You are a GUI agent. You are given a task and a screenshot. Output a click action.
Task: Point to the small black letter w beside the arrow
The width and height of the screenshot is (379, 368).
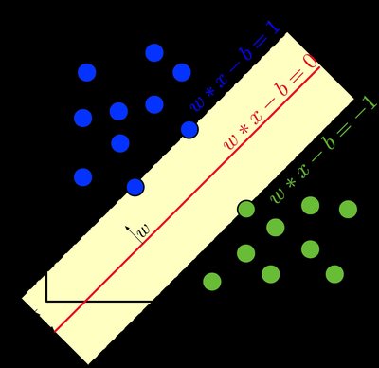click(144, 230)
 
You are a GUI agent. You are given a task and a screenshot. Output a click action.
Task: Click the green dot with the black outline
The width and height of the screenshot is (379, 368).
click(246, 209)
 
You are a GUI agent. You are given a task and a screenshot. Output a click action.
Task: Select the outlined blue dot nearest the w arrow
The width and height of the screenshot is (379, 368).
click(135, 187)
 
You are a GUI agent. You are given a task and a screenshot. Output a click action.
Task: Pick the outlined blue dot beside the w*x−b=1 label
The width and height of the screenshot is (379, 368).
click(189, 129)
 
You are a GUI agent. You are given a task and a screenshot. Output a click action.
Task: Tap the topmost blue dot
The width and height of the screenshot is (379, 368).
click(154, 52)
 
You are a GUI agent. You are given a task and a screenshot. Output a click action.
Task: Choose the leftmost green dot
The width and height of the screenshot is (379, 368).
click(212, 281)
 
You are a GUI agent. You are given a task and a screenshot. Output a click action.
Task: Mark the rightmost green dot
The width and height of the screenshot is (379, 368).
click(348, 209)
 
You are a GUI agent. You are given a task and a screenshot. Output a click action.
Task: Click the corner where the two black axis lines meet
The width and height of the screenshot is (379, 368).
click(46, 301)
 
